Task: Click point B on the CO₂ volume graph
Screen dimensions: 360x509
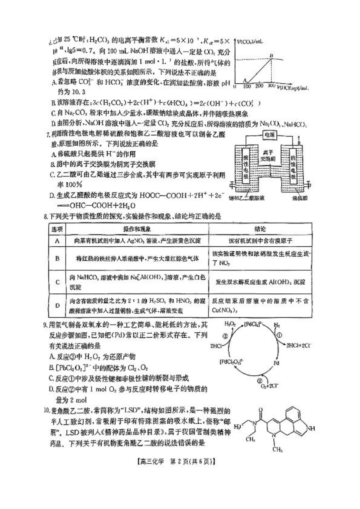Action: [x=271, y=56]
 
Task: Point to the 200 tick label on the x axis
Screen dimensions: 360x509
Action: [x=259, y=87]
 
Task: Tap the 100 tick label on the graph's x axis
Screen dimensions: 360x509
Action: [x=247, y=87]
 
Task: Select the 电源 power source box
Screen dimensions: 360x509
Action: [x=269, y=135]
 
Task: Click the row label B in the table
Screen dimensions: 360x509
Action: [x=58, y=258]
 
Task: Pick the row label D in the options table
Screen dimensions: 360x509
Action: [x=58, y=305]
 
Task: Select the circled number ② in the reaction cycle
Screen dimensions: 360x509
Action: [x=260, y=381]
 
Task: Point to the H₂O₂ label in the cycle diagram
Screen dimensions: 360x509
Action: [x=230, y=324]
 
